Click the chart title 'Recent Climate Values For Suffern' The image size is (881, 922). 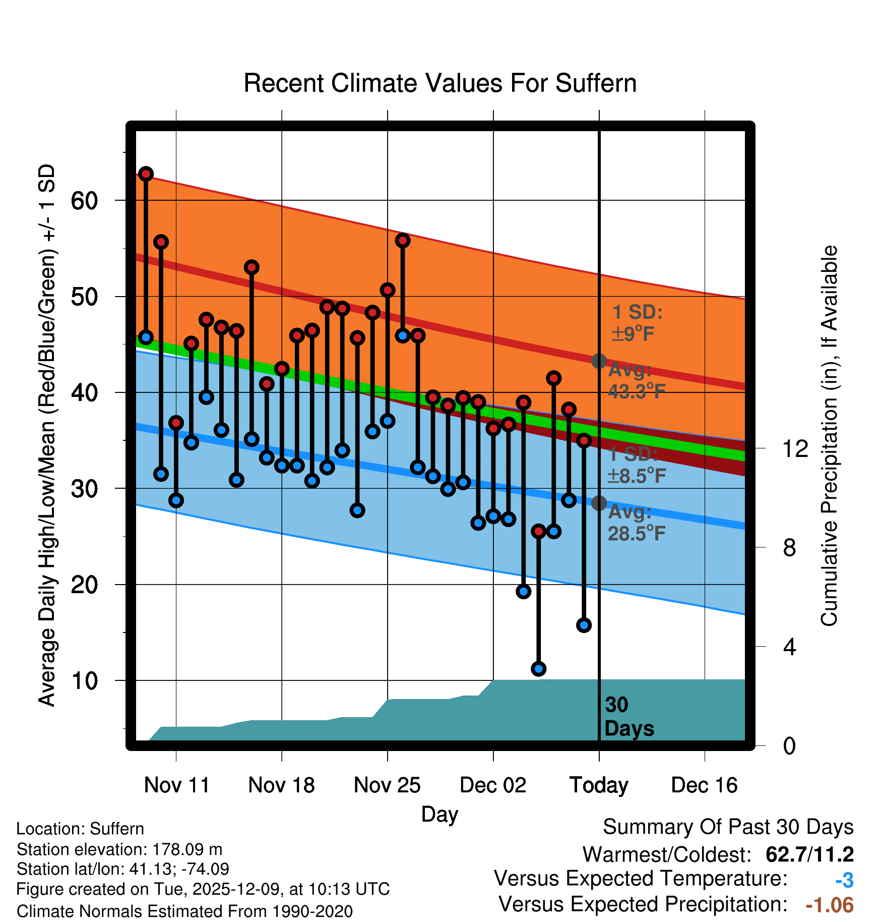[x=440, y=83]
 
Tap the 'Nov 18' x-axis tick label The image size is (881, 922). [x=281, y=785]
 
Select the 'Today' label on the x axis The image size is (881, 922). [x=599, y=785]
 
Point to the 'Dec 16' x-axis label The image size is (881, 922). [x=704, y=785]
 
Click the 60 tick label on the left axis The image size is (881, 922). [x=84, y=201]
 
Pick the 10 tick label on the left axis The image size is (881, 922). [x=84, y=681]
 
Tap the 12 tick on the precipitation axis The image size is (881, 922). [x=795, y=448]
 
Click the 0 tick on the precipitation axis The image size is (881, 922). [x=789, y=745]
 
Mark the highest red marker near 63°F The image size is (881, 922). [x=146, y=174]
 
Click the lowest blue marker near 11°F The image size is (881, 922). [x=538, y=669]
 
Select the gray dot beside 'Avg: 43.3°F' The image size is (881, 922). [x=599, y=361]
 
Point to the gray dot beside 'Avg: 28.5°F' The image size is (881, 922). [x=599, y=503]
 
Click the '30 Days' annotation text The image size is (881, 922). [x=628, y=717]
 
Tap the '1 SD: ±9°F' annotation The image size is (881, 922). [x=636, y=323]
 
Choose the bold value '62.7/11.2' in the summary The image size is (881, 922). [x=809, y=854]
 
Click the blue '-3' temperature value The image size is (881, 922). [x=844, y=880]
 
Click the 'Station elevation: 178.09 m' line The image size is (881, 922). [x=119, y=849]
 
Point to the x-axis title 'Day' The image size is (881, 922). [x=439, y=814]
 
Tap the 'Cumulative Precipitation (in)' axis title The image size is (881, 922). [x=829, y=436]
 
